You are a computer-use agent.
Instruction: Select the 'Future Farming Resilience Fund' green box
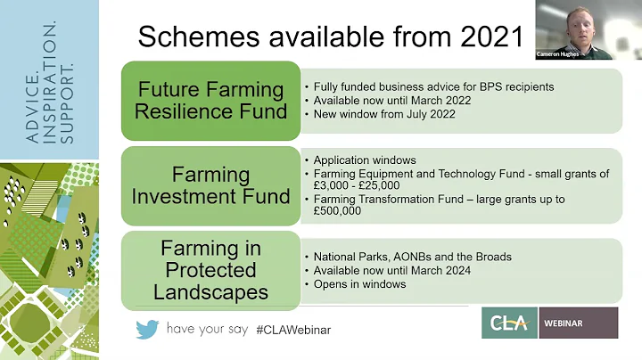tap(212, 101)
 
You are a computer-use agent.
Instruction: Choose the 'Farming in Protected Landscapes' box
tap(212, 269)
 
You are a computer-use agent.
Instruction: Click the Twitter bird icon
tap(147, 329)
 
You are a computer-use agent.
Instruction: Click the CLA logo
tap(509, 323)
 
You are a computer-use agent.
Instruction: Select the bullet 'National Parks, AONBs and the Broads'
tap(411, 257)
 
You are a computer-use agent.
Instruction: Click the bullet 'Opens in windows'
tap(358, 283)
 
